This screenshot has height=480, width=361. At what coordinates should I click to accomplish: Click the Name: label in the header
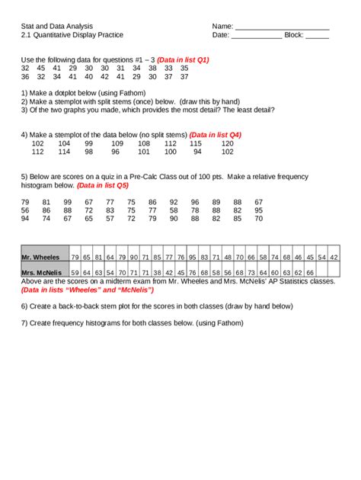point(222,26)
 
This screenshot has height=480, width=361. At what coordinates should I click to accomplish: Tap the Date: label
point(221,35)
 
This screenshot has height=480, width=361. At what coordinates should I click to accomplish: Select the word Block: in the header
point(293,35)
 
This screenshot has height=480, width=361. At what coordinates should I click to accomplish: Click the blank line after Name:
point(282,27)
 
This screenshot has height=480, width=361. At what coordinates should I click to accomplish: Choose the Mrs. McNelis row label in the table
point(41,272)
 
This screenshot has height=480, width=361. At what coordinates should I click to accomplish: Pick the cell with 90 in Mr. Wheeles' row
point(133,258)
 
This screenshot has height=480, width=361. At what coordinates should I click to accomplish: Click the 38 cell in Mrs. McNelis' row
point(157,272)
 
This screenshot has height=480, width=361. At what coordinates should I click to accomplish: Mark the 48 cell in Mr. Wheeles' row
point(228,258)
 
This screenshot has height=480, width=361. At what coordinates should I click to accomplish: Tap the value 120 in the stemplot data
point(227,143)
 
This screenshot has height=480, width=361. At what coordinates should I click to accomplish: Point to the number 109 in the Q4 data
point(117,143)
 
